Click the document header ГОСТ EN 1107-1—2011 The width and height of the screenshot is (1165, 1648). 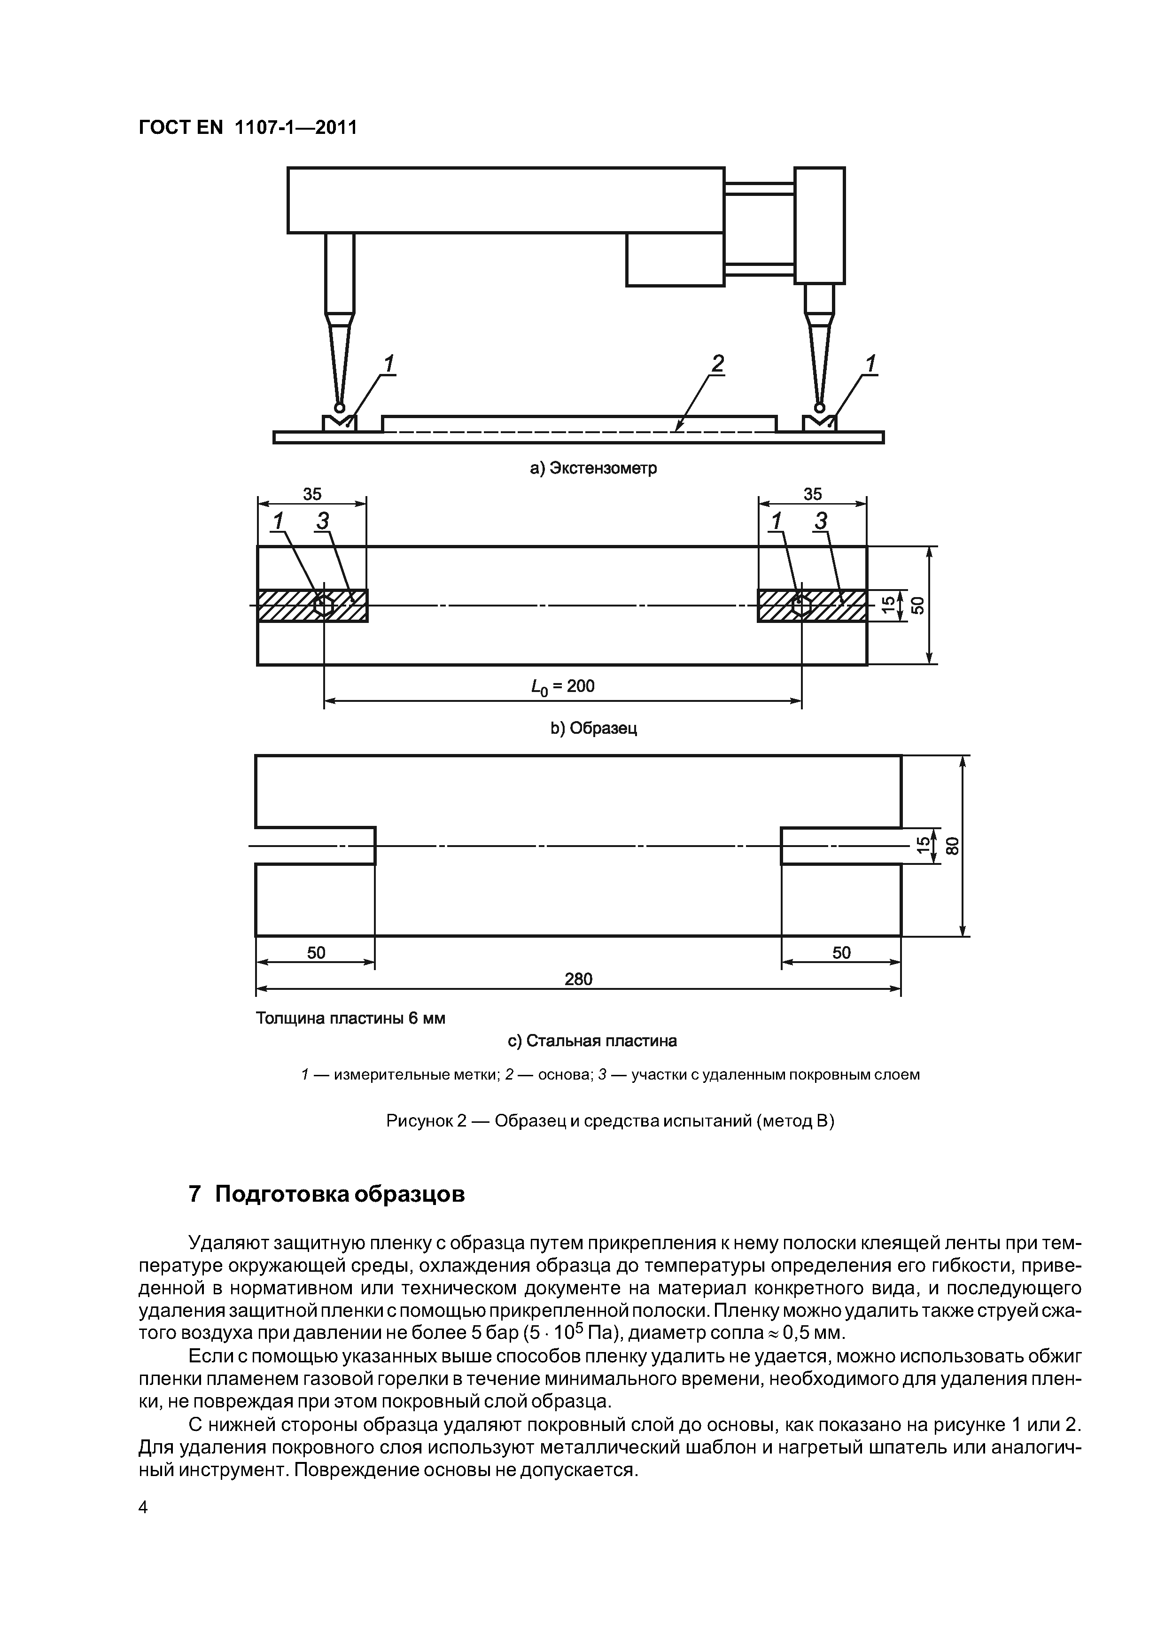click(x=247, y=128)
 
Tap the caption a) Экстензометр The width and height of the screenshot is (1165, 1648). click(x=593, y=469)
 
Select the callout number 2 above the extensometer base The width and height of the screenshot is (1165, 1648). click(x=717, y=364)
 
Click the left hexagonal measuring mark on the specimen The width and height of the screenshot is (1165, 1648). click(x=324, y=606)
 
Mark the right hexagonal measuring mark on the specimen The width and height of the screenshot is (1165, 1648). click(x=801, y=606)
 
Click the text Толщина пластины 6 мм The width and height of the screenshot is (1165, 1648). click(x=350, y=1018)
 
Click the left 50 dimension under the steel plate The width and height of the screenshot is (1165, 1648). click(x=316, y=952)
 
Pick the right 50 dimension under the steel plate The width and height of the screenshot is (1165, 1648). click(x=841, y=952)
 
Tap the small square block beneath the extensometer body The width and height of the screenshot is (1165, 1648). click(x=675, y=259)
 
